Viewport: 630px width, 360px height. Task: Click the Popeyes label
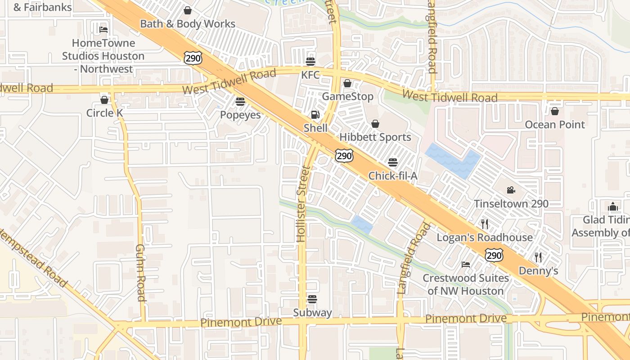click(x=240, y=115)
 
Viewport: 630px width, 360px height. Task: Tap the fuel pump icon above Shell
click(x=315, y=115)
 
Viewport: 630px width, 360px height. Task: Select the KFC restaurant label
click(x=310, y=75)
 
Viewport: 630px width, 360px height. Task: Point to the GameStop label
click(x=347, y=96)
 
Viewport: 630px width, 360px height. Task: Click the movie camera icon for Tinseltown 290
click(x=511, y=190)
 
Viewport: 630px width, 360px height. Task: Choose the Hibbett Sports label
click(x=375, y=137)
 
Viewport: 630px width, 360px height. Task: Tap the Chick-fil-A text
click(x=393, y=175)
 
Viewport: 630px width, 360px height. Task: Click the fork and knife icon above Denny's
click(x=538, y=257)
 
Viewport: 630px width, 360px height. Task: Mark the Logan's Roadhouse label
click(x=485, y=237)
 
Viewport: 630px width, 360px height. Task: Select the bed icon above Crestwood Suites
click(x=466, y=264)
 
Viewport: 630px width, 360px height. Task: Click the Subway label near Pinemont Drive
click(x=312, y=312)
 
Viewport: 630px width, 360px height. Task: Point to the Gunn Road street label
click(x=140, y=273)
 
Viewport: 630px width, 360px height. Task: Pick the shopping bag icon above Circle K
click(x=104, y=99)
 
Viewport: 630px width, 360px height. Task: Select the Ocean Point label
click(x=555, y=124)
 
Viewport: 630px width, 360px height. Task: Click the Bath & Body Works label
click(x=188, y=24)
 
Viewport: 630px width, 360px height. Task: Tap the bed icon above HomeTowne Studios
click(x=103, y=30)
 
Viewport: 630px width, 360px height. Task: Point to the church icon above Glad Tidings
click(x=613, y=207)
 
